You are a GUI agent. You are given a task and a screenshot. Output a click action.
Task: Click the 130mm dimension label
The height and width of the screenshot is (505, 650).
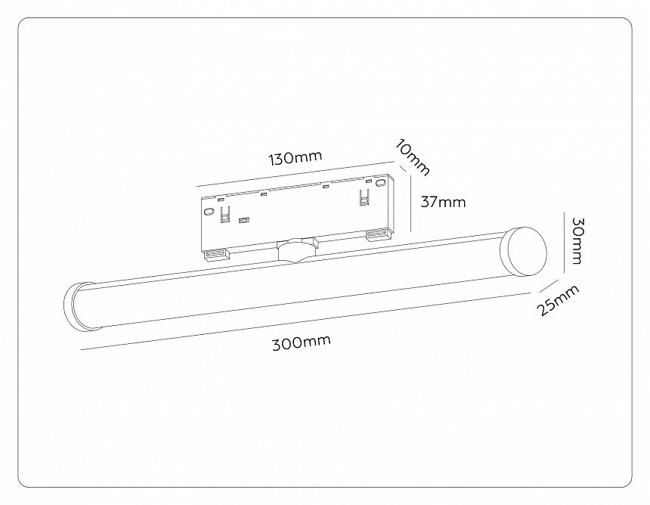click(x=296, y=158)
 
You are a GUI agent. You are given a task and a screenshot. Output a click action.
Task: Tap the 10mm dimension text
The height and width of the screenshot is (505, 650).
click(x=413, y=157)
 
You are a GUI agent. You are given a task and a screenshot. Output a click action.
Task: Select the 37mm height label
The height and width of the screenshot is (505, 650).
click(x=442, y=202)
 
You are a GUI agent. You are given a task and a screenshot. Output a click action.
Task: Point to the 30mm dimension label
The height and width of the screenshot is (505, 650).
click(x=577, y=240)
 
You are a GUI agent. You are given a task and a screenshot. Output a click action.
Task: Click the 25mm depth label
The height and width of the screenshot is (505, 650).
click(x=559, y=300)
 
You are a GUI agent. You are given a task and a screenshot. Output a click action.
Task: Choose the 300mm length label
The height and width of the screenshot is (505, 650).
click(x=302, y=342)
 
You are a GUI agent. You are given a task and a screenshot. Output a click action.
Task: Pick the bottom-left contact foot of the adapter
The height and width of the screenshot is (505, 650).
click(x=215, y=253)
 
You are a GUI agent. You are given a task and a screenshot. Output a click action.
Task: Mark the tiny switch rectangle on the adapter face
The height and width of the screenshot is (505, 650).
click(x=243, y=222)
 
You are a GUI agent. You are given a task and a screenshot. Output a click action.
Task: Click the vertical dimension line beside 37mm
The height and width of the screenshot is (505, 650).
click(x=409, y=201)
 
